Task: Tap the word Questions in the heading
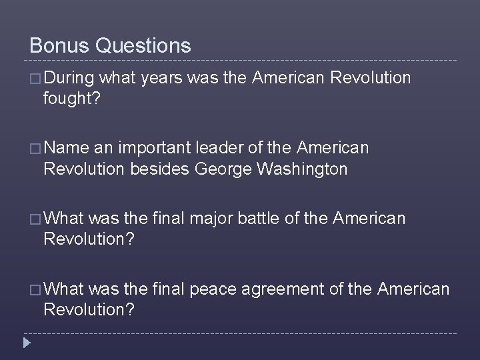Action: (143, 45)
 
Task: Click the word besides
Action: (163, 169)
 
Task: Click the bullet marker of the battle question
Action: (35, 217)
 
